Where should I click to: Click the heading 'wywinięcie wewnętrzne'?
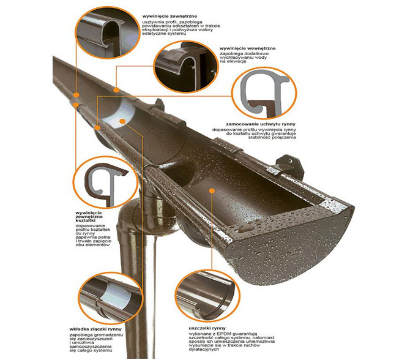(x=247, y=48)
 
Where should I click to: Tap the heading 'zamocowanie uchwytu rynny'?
(x=261, y=124)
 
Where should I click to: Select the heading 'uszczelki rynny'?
(x=207, y=328)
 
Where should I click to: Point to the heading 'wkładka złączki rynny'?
(x=95, y=329)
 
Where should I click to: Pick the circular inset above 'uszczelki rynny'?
(x=207, y=296)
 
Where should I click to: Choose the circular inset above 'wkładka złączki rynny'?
(x=111, y=298)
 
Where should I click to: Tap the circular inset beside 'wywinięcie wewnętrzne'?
(x=185, y=67)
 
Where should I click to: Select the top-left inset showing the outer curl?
(x=108, y=32)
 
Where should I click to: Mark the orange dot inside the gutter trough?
(x=212, y=191)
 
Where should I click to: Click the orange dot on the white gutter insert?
(x=122, y=121)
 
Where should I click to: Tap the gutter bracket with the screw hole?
(x=290, y=167)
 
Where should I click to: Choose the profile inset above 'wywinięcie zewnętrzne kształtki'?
(x=106, y=182)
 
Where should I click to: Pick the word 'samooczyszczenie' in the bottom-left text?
(x=91, y=347)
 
